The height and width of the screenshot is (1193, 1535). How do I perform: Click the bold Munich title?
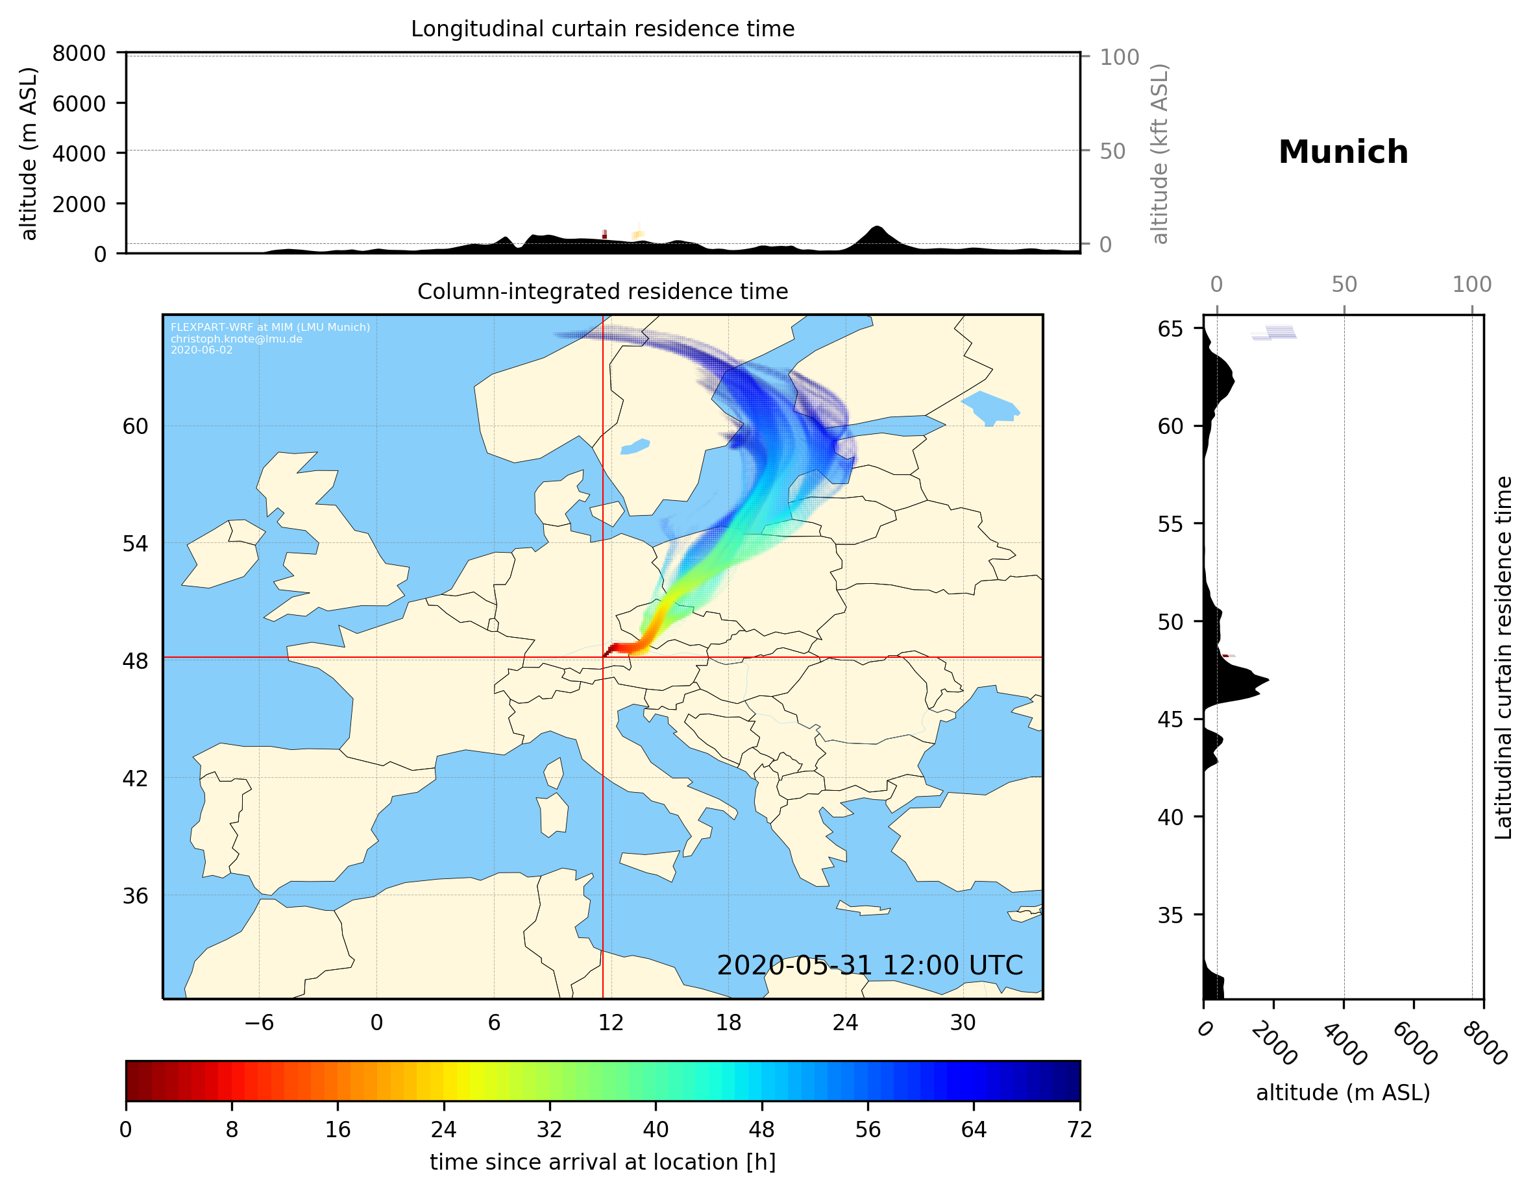1342,152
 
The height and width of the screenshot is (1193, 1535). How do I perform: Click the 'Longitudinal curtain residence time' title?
602,29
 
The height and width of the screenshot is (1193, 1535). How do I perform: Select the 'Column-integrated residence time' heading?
602,291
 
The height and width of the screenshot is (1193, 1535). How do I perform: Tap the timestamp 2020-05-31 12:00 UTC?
870,965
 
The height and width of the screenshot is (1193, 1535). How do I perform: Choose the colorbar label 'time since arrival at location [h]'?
602,1162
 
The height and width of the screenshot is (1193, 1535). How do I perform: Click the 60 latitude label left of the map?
135,426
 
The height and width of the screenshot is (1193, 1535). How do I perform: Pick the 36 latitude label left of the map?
135,896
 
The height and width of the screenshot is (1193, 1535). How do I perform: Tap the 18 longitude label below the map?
728,1022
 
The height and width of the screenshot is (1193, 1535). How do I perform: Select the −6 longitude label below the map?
258,1022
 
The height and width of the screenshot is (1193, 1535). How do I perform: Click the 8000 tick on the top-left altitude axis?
79,53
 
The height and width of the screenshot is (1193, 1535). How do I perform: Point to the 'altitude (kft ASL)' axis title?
1160,154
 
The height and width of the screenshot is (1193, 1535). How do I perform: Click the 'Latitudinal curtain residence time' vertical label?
1503,657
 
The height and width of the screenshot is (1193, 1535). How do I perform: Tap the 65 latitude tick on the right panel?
1170,329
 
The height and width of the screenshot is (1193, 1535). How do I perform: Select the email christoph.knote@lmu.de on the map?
236,339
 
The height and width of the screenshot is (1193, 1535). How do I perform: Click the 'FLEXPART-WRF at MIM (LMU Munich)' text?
270,328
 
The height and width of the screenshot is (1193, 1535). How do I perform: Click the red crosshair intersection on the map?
603,658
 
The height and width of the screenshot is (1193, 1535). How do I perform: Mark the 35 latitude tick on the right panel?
1170,915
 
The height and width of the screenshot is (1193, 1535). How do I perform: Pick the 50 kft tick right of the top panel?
1112,151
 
